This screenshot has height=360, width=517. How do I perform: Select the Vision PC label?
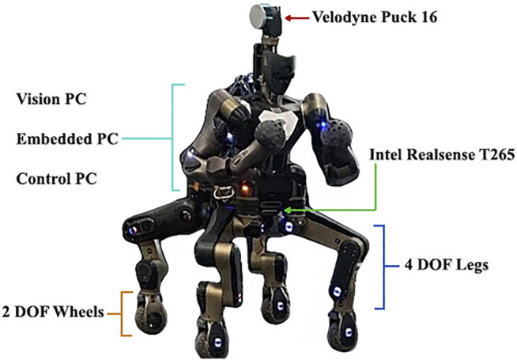tap(51, 100)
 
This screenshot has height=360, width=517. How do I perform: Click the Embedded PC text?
tap(67, 139)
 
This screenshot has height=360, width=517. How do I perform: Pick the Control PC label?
tap(56, 179)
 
